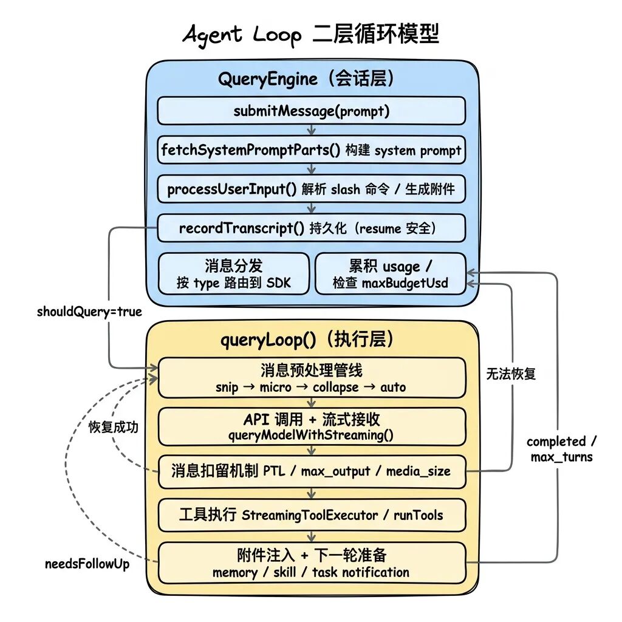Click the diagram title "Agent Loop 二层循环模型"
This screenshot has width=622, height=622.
pyautogui.click(x=310, y=35)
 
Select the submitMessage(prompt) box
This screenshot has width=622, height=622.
pyautogui.click(x=311, y=111)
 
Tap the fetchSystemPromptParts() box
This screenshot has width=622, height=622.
pyautogui.click(x=311, y=150)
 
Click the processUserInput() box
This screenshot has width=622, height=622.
pyautogui.click(x=311, y=189)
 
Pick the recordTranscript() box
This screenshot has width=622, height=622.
pyautogui.click(x=311, y=228)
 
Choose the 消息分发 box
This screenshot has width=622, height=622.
pyautogui.click(x=234, y=274)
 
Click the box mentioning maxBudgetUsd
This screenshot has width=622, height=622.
pyautogui.click(x=390, y=274)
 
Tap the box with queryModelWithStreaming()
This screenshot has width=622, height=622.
pyautogui.click(x=311, y=426)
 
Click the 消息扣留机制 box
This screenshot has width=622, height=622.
pyautogui.click(x=311, y=471)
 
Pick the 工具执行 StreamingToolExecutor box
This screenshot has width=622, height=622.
pyautogui.click(x=311, y=515)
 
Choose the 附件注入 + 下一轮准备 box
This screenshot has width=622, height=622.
pyautogui.click(x=311, y=563)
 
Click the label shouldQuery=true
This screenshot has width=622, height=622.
pyautogui.click(x=89, y=312)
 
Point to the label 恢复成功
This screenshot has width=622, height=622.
pyautogui.click(x=113, y=427)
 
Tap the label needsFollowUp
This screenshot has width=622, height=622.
pyautogui.click(x=87, y=564)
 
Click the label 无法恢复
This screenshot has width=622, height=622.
pyautogui.click(x=511, y=374)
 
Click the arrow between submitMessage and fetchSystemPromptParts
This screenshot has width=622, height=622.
pyautogui.click(x=311, y=131)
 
